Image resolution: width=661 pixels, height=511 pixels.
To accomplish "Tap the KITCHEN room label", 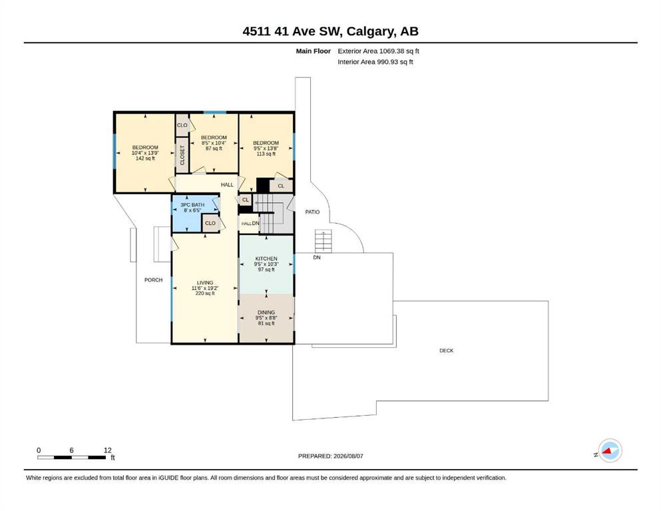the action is (x=266, y=259).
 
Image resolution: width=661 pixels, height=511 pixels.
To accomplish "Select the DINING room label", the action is (x=266, y=313).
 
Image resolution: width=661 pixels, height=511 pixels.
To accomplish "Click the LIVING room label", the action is (x=205, y=283).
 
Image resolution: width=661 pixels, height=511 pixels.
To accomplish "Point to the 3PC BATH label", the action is (x=192, y=205).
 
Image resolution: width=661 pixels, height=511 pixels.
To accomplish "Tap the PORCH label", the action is (x=154, y=279).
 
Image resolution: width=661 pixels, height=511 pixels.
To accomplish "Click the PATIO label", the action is (x=312, y=212).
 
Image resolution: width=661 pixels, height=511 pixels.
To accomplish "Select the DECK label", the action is (x=447, y=351).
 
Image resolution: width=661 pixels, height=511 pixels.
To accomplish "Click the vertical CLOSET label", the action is (x=182, y=156).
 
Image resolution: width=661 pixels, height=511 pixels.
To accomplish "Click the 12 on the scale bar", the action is (x=107, y=450).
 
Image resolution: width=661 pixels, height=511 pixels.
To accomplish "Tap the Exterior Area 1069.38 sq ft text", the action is (x=378, y=51).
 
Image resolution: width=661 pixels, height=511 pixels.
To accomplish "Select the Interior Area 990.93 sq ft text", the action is (x=375, y=62).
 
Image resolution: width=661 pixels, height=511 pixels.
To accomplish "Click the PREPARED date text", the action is (x=330, y=456).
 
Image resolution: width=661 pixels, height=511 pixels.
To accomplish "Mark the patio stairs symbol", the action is (x=324, y=242).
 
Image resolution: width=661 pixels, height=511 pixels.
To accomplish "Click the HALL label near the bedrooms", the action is (x=227, y=184).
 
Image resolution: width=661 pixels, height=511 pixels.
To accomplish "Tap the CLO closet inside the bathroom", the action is (x=210, y=224).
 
